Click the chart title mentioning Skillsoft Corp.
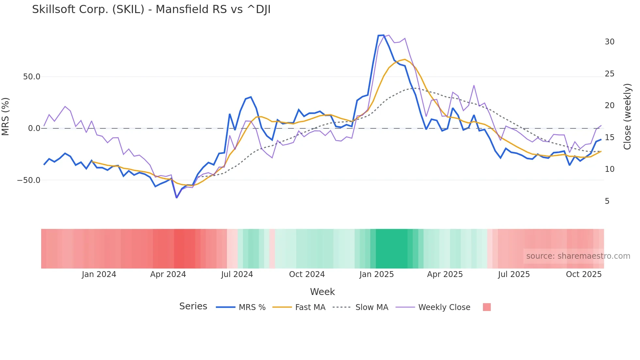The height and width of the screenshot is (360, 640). pyautogui.click(x=151, y=9)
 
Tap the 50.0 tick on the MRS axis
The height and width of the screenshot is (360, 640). pyautogui.click(x=32, y=77)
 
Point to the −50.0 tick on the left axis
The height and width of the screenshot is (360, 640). pyautogui.click(x=29, y=180)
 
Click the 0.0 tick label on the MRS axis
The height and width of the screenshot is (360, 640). pyautogui.click(x=34, y=128)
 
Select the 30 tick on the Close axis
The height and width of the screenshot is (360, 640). pyautogui.click(x=610, y=42)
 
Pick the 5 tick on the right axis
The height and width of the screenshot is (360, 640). pyautogui.click(x=607, y=201)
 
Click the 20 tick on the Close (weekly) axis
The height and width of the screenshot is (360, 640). pyautogui.click(x=610, y=106)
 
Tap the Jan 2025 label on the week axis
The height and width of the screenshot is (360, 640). pyautogui.click(x=376, y=274)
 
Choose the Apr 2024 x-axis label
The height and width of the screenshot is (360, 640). pyautogui.click(x=168, y=274)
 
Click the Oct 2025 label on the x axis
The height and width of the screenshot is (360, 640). pyautogui.click(x=584, y=274)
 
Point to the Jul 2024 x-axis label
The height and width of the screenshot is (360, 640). pyautogui.click(x=237, y=274)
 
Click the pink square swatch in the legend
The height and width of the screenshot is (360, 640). pyautogui.click(x=487, y=307)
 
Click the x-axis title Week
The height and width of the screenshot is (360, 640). pyautogui.click(x=322, y=292)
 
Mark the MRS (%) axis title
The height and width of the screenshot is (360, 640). pyautogui.click(x=6, y=117)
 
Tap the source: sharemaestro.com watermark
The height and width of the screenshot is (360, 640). pyautogui.click(x=578, y=256)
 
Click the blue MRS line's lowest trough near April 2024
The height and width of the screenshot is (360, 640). pyautogui.click(x=177, y=198)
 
